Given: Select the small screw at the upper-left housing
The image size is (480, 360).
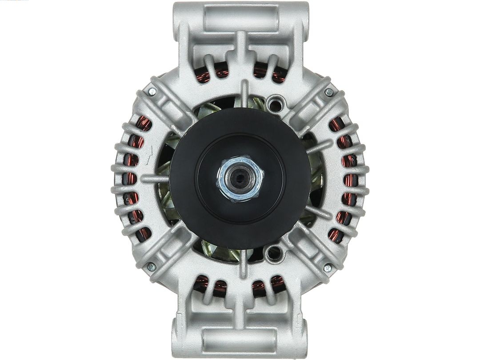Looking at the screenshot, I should tap(152, 92).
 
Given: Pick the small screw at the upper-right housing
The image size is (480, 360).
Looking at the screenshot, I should tap(329, 92).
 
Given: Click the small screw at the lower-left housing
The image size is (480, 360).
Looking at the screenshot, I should tap(151, 267).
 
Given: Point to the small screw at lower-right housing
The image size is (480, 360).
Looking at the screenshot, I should tap(328, 268).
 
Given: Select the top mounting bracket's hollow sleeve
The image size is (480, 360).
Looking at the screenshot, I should tap(240, 18).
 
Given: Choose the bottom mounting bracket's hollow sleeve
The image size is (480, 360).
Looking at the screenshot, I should tap(240, 340).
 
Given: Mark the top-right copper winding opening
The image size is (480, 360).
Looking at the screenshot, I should tap(269, 72).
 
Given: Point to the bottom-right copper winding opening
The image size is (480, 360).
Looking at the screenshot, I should tap(268, 285).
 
